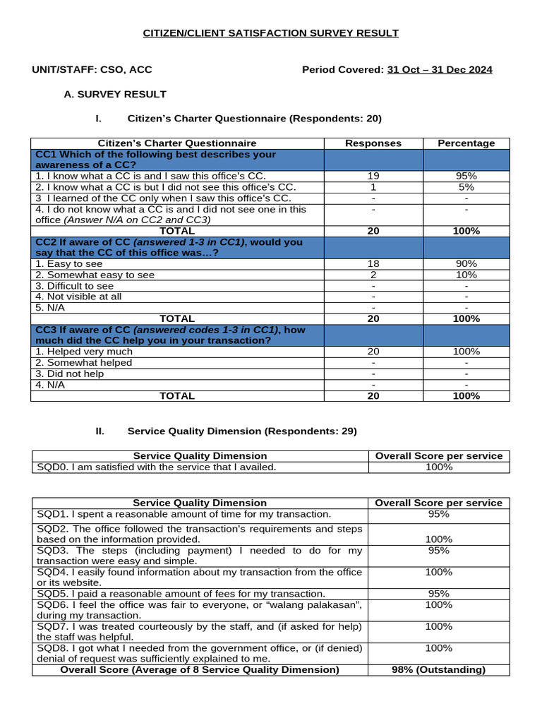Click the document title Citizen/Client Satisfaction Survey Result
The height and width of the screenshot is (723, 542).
[271, 33]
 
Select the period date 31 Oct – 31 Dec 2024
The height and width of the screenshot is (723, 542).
[440, 70]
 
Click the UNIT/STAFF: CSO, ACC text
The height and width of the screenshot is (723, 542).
[92, 70]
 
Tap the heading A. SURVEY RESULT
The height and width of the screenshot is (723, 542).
[115, 94]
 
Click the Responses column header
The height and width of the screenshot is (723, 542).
[373, 143]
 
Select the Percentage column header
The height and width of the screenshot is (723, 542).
[466, 143]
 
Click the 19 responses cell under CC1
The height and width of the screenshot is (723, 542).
[373, 176]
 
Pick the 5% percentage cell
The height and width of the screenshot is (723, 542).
[466, 187]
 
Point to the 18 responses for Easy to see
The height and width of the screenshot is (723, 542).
[373, 263]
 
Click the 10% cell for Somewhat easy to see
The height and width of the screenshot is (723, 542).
[466, 275]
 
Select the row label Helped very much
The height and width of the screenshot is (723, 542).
[84, 352]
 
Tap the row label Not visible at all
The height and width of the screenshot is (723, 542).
[78, 297]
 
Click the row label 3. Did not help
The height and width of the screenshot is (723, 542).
[70, 374]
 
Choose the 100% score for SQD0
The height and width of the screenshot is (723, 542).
[438, 467]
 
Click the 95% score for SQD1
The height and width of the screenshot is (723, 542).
[438, 514]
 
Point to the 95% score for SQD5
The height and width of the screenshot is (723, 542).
[438, 594]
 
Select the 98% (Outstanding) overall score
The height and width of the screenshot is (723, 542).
[438, 669]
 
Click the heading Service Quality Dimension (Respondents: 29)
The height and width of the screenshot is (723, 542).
[242, 431]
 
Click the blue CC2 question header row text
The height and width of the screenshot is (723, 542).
[169, 247]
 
